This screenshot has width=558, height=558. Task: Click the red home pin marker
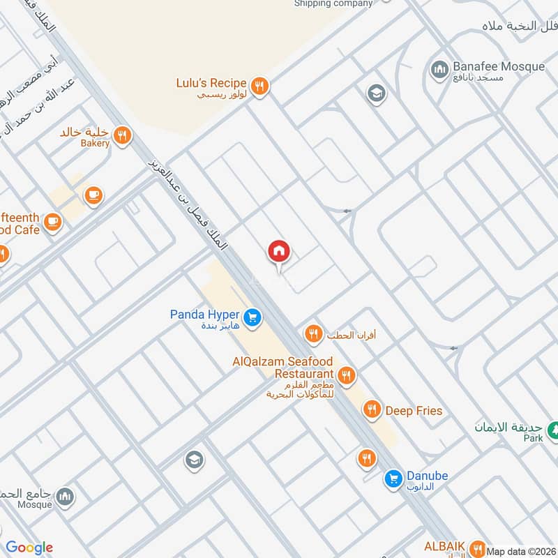(x=279, y=252)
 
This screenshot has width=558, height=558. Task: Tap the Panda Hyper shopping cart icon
(x=252, y=318)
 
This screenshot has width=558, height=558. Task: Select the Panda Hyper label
(x=204, y=315)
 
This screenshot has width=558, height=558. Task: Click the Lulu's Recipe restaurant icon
(x=259, y=86)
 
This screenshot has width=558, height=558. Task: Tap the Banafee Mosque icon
(x=439, y=68)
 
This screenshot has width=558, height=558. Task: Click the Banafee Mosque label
(x=498, y=67)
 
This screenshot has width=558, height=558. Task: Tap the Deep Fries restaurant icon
(x=373, y=410)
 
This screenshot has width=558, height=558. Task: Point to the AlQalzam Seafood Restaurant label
(x=285, y=368)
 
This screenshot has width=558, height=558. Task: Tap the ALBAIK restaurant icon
(x=477, y=546)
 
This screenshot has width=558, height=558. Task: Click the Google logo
(x=29, y=548)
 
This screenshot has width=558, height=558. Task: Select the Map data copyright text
(x=521, y=551)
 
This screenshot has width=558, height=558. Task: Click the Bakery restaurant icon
(x=123, y=135)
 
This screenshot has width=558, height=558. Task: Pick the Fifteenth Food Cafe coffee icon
(x=52, y=222)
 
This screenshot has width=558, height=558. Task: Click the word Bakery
(x=95, y=143)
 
